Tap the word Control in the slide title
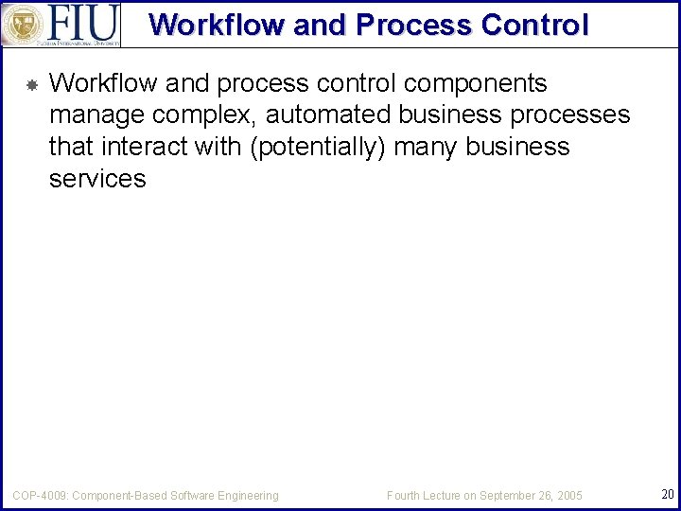click(534, 25)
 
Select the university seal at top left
click(21, 24)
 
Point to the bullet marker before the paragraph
click(30, 85)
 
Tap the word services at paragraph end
click(97, 179)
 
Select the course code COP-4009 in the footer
click(40, 495)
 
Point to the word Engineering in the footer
click(248, 495)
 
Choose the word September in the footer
click(513, 495)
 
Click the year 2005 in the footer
click(569, 495)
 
